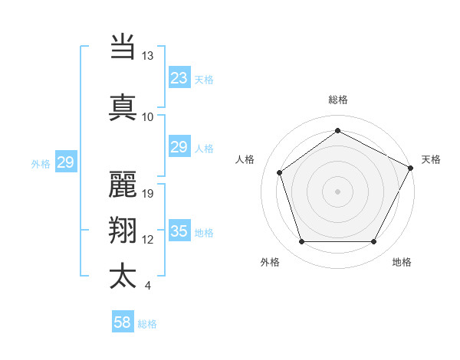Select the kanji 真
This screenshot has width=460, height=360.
(x=123, y=106)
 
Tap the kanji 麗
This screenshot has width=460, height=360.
(x=123, y=184)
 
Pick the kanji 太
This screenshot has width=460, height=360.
(x=123, y=276)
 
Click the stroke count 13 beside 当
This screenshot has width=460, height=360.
(x=148, y=56)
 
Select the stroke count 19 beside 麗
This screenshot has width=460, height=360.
(x=148, y=193)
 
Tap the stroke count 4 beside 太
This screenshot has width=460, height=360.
(x=148, y=286)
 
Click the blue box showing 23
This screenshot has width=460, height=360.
(x=179, y=77)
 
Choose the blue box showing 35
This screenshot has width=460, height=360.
(x=179, y=231)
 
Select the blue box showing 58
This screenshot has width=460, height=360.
(x=123, y=322)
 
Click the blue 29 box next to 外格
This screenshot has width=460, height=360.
(x=65, y=162)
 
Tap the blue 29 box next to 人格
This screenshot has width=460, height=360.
(x=179, y=147)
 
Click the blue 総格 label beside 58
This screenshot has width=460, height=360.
(x=147, y=324)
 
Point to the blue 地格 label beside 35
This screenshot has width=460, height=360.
(x=204, y=233)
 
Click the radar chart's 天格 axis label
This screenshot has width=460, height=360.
(x=431, y=159)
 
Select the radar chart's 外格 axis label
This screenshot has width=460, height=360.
(x=270, y=262)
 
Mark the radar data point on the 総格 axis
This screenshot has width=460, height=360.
(x=337, y=131)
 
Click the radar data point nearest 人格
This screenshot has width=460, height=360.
(x=280, y=172)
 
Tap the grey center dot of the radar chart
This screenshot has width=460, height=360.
(x=337, y=191)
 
